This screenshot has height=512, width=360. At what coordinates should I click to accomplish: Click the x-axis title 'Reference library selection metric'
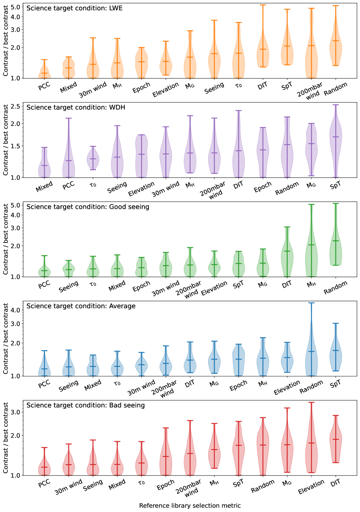click(x=190, y=505)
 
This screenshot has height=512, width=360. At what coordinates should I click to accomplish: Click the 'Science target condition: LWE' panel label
click(x=74, y=8)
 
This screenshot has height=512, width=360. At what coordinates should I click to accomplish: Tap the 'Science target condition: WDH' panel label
click(x=76, y=107)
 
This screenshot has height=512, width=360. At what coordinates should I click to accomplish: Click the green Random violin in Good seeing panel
click(x=336, y=248)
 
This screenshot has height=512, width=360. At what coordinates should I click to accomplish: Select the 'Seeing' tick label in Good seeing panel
click(x=69, y=286)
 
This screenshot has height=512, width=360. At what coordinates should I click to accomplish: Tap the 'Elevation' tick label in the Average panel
click(x=287, y=388)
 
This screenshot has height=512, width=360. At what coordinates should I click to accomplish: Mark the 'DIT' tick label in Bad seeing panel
click(x=336, y=482)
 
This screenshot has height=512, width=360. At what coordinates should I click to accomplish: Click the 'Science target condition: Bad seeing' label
click(x=85, y=405)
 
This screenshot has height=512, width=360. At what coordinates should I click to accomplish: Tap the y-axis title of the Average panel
click(x=6, y=339)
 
